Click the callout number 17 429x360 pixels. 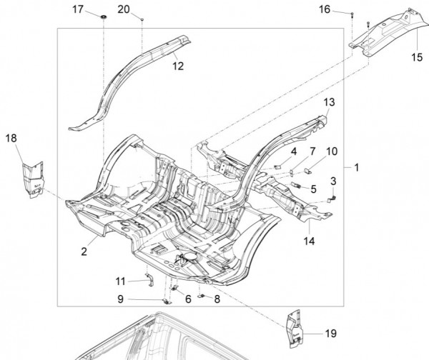(79, 9)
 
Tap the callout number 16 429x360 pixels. (345, 9)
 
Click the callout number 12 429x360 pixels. (178, 66)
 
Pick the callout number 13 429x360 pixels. (329, 103)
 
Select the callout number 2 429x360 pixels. (84, 251)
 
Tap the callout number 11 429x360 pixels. (121, 280)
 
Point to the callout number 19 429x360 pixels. (330, 334)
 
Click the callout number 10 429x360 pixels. (332, 151)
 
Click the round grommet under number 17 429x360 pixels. (104, 16)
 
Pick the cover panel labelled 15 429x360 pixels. (386, 32)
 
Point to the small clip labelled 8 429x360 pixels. (202, 296)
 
